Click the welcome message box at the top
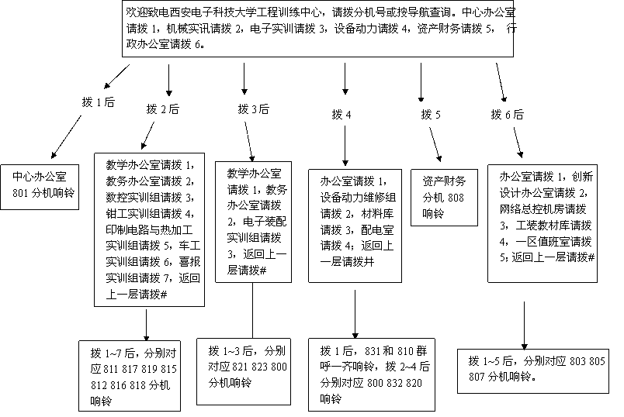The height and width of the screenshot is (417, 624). pyautogui.click(x=319, y=29)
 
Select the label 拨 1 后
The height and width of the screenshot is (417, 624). pyautogui.click(x=98, y=102)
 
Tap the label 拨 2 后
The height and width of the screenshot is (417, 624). pyautogui.click(x=162, y=109)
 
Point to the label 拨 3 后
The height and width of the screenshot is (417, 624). pyautogui.click(x=253, y=109)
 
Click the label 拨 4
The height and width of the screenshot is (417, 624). pyautogui.click(x=341, y=115)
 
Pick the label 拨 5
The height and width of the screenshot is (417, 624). pyautogui.click(x=431, y=115)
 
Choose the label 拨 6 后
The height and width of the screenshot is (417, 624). pyautogui.click(x=507, y=115)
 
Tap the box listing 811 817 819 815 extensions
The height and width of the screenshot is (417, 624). pyautogui.click(x=133, y=374)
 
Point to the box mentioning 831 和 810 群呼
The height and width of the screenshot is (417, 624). pyautogui.click(x=375, y=374)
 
